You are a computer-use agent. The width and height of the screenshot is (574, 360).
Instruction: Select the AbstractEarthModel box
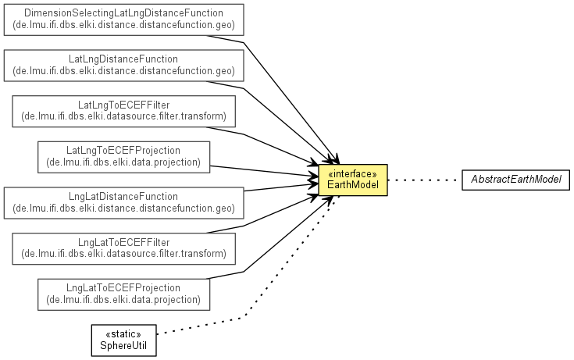coord(515,180)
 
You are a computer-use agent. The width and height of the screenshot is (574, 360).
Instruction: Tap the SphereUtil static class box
coord(123,340)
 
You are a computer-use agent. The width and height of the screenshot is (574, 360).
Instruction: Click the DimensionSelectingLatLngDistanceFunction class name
coord(123,13)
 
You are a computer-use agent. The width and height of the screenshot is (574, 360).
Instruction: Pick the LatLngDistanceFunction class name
coord(123,59)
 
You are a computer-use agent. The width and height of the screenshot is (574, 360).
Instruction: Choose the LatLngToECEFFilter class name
coord(124,104)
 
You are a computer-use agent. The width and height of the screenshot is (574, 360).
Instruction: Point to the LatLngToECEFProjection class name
coord(123,150)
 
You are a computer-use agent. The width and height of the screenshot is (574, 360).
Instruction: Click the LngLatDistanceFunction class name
coord(123,196)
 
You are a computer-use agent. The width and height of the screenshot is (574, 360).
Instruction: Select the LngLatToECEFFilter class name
coord(124,242)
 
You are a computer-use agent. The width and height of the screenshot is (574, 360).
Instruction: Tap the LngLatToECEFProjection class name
coord(123,287)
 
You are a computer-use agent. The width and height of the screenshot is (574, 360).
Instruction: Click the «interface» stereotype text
coord(353,173)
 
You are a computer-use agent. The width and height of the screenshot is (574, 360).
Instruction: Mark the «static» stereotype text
coord(123,334)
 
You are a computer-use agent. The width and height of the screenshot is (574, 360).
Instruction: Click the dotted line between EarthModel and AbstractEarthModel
coord(425,180)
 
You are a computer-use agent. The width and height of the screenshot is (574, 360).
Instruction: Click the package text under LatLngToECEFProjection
coord(123,162)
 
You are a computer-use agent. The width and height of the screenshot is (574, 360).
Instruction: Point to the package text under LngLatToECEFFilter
coord(124,254)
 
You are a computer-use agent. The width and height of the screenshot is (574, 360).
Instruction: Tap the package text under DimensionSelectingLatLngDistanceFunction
coord(123,26)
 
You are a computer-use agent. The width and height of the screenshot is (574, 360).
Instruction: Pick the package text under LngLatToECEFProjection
coord(123,299)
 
